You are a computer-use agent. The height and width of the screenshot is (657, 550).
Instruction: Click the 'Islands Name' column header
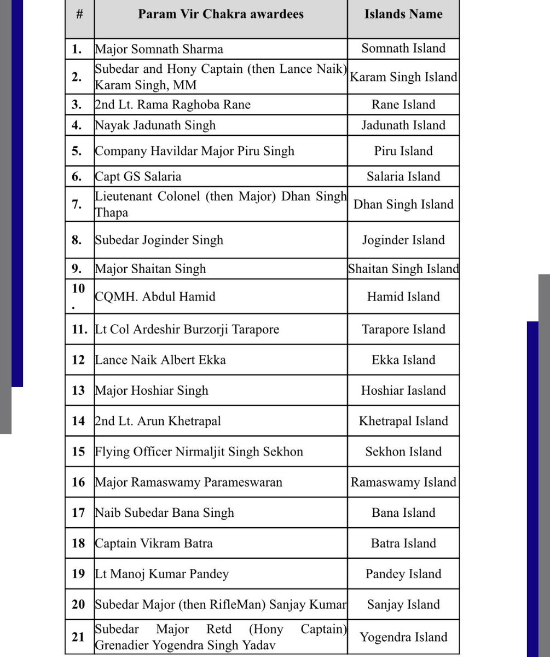click(403, 15)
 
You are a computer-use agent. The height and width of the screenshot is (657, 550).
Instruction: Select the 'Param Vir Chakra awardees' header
click(221, 15)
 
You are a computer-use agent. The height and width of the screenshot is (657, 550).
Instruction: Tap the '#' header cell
click(79, 15)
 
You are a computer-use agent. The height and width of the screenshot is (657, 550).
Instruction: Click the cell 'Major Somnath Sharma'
click(159, 49)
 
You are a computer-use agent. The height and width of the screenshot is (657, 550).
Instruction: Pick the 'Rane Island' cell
click(403, 105)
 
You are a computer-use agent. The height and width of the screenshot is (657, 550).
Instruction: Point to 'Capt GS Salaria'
click(138, 176)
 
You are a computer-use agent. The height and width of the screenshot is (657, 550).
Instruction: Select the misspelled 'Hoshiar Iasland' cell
click(403, 390)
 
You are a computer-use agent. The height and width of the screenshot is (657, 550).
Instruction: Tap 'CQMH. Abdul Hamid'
click(155, 297)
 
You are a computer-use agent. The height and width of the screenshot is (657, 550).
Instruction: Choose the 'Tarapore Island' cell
click(403, 330)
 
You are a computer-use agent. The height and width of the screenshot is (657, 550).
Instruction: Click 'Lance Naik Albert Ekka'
click(160, 360)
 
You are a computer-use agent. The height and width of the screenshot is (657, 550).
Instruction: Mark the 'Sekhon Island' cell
click(403, 452)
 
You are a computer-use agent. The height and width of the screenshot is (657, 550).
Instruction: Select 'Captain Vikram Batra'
click(154, 543)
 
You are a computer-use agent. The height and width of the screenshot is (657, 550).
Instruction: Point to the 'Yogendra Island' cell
click(403, 637)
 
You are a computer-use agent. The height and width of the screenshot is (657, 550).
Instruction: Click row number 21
click(78, 637)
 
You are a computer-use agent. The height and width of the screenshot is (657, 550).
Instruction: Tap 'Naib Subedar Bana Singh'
click(164, 513)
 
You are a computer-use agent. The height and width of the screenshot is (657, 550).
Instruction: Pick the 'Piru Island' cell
click(403, 151)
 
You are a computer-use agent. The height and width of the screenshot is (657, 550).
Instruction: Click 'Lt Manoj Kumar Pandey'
click(162, 574)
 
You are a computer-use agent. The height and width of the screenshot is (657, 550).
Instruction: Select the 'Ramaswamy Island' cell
click(403, 482)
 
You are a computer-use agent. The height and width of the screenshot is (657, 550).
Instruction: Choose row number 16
click(78, 482)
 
